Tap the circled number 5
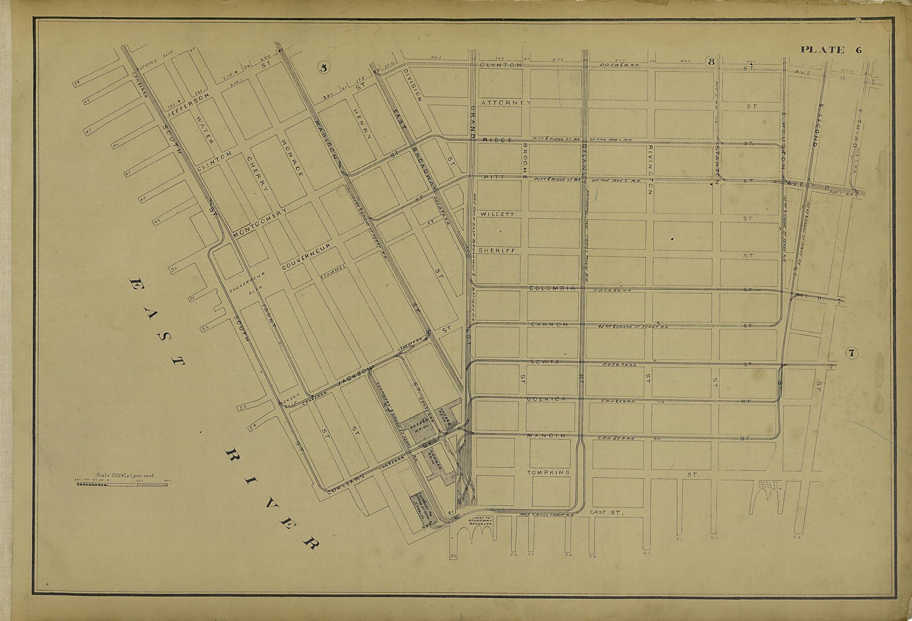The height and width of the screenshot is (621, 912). [x=324, y=68]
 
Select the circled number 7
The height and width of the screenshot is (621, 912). [x=851, y=353]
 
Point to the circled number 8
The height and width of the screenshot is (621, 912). [x=711, y=61]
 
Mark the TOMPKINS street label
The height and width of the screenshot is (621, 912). [x=548, y=472]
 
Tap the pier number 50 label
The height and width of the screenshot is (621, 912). [x=174, y=269]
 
